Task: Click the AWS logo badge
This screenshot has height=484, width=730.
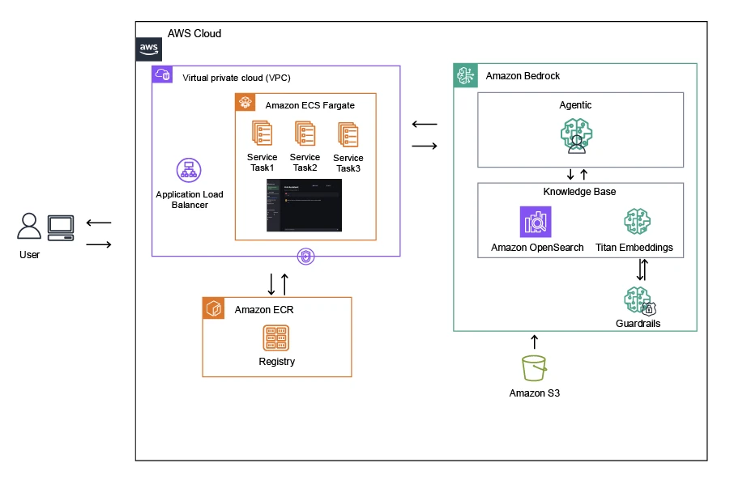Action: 149,49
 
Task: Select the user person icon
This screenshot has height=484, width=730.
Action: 29,227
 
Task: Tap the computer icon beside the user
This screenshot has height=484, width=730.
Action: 61,227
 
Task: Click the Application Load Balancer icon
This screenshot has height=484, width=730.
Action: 189,171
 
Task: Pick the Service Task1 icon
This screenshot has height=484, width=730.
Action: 262,134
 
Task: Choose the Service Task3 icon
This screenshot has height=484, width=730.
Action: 348,135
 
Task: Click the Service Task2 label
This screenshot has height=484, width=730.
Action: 305,163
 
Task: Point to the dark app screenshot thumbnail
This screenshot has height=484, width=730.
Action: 305,206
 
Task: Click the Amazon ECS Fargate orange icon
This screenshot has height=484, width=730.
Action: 245,104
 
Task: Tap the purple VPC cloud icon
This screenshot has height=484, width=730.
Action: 163,75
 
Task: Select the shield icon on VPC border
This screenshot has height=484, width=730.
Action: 305,257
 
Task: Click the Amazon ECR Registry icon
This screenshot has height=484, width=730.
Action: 276,338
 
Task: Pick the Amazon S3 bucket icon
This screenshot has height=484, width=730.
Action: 535,369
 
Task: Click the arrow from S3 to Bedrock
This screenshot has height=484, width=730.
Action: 534,342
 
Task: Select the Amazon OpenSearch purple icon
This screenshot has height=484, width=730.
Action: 536,222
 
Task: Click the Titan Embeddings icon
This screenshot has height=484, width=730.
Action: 636,222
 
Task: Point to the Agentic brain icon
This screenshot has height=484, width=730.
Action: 577,135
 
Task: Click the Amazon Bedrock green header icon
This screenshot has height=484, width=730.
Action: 465,76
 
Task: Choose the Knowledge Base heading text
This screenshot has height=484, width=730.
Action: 579,192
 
